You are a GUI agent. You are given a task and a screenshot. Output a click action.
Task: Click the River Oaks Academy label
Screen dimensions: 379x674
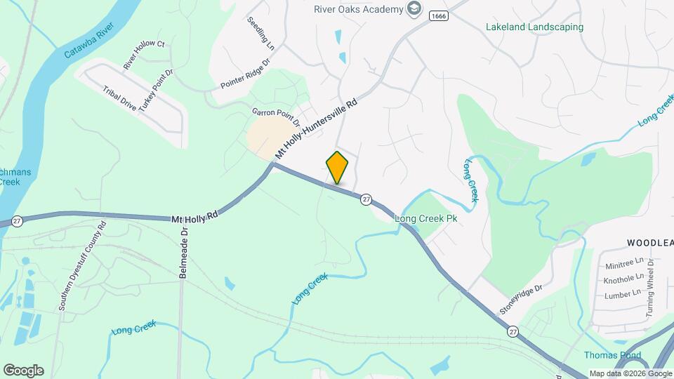click(358, 8)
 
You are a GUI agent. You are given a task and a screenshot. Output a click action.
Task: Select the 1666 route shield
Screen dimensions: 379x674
click(439, 15)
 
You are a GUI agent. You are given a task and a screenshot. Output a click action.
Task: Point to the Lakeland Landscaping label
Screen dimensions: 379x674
click(534, 27)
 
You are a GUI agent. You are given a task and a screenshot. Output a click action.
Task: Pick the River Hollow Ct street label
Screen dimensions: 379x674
click(143, 55)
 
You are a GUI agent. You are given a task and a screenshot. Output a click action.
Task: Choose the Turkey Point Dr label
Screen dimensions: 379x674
click(155, 90)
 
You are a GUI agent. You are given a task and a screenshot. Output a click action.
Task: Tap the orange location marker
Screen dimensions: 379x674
click(337, 167)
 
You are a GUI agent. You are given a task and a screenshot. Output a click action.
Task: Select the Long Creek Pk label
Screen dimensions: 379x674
click(426, 218)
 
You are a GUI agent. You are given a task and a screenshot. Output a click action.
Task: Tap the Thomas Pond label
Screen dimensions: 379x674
click(612, 355)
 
